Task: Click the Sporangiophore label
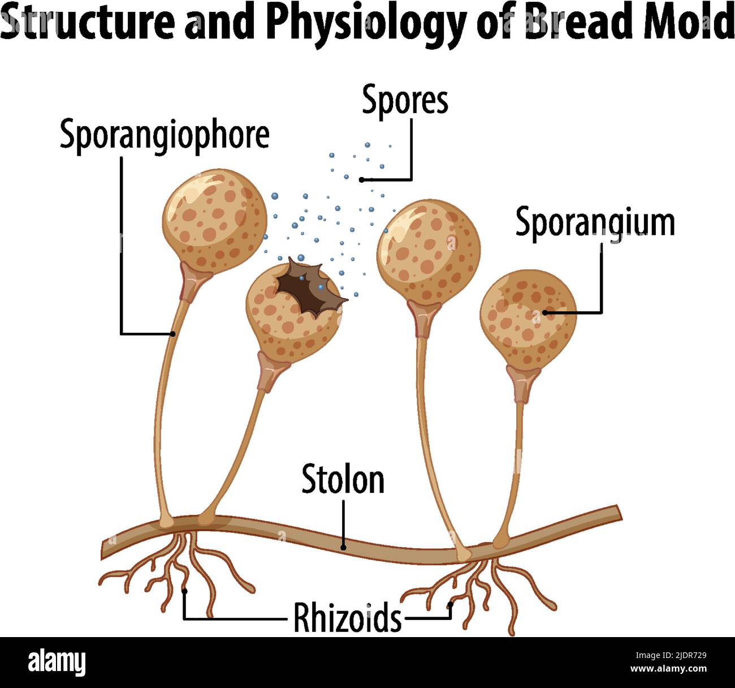(x=164, y=136)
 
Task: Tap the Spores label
(x=405, y=101)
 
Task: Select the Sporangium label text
(x=595, y=222)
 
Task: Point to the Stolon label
(x=343, y=479)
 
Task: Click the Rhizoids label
(x=347, y=618)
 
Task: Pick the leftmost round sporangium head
(x=214, y=220)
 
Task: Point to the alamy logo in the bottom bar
(x=57, y=662)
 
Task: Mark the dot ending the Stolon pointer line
(x=343, y=548)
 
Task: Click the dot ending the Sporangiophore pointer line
(x=173, y=334)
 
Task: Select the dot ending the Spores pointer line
(x=362, y=179)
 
